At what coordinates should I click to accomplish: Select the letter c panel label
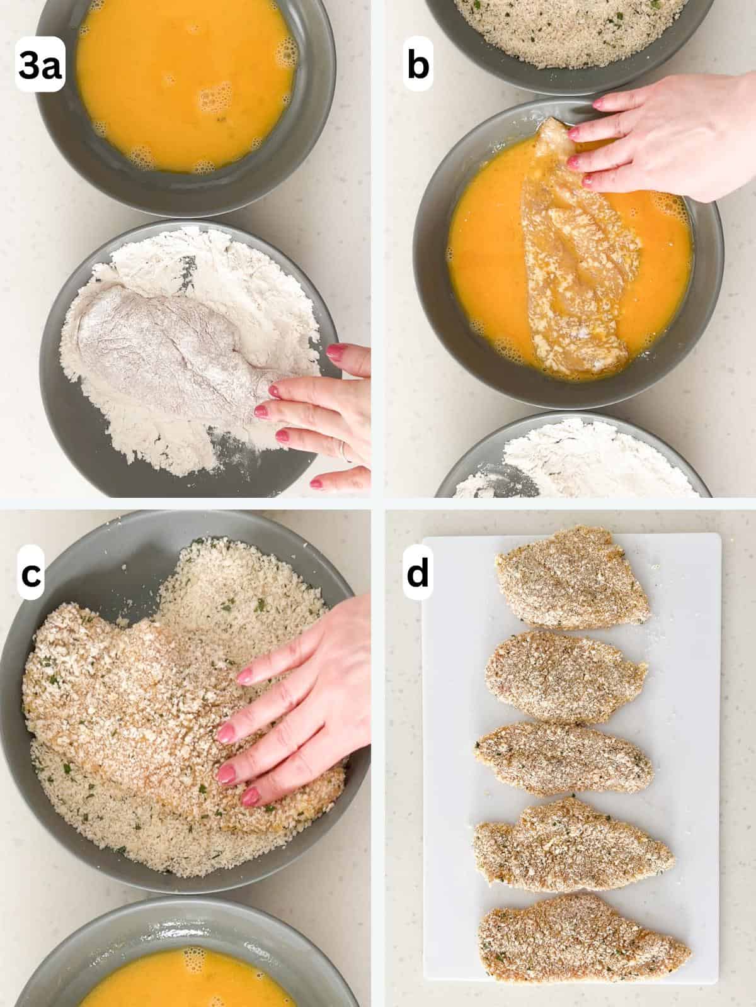[30, 574]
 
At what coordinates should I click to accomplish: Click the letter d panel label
[417, 574]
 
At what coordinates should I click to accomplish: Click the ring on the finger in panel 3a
[342, 450]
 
